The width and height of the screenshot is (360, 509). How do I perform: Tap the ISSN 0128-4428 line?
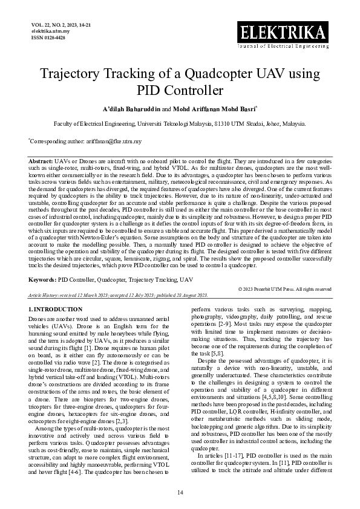coord(48,37)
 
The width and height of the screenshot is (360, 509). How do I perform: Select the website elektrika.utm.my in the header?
coord(50,31)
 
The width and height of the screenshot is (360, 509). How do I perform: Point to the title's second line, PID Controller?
coord(180,91)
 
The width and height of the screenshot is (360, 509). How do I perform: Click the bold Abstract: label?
coord(41,163)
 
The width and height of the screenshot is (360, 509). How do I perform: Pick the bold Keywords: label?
coord(43,280)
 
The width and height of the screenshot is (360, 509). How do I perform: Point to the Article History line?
coord(119,295)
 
